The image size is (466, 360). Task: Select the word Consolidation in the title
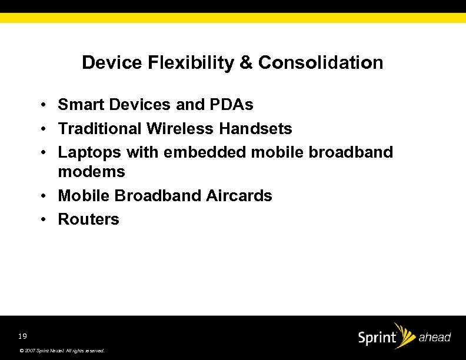tap(320, 62)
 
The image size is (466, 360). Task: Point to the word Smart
tap(80, 105)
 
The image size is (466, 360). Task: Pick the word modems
tap(91, 172)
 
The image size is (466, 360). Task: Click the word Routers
tap(88, 219)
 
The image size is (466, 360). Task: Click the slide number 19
tap(22, 336)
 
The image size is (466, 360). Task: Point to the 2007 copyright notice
tap(62, 351)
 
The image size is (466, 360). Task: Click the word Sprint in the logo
tap(377, 339)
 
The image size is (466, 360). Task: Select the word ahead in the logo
tap(434, 338)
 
